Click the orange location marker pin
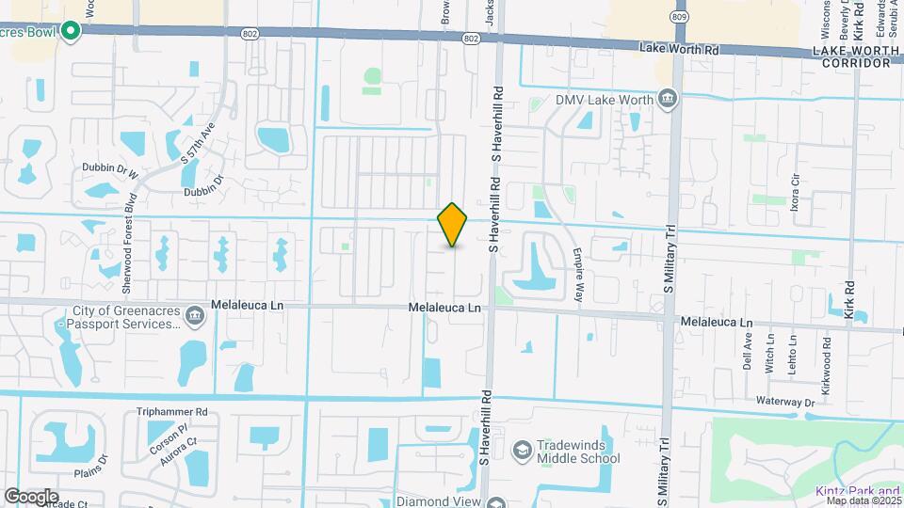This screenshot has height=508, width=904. pyautogui.click(x=453, y=225)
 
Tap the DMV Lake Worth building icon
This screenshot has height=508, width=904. pyautogui.click(x=668, y=98)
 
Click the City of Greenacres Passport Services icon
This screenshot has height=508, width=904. pyautogui.click(x=194, y=315)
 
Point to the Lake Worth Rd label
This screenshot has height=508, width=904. pyautogui.click(x=679, y=47)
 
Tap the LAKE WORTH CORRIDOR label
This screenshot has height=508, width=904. pyautogui.click(x=855, y=56)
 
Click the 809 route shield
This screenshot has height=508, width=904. pyautogui.click(x=679, y=17)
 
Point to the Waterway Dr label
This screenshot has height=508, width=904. pyautogui.click(x=784, y=402)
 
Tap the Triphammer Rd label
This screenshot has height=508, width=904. pyautogui.click(x=171, y=412)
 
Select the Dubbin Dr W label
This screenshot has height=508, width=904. pyautogui.click(x=107, y=174)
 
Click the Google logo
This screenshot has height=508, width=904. pyautogui.click(x=31, y=496)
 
